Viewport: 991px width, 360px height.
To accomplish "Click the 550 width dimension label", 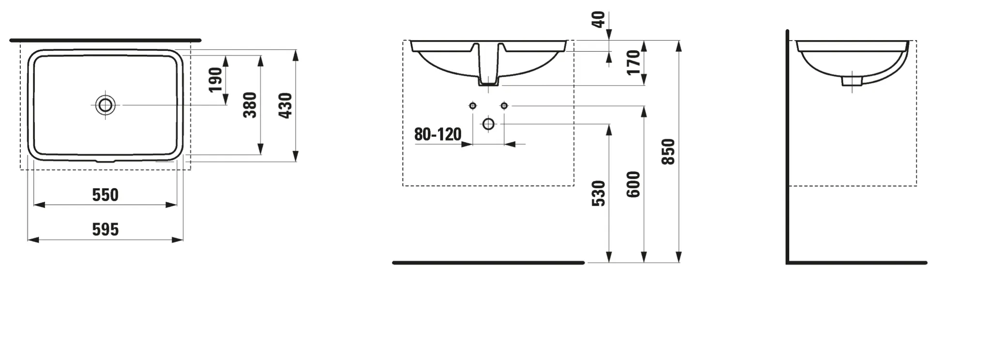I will click(x=105, y=195).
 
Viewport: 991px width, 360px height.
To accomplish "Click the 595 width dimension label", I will click(x=105, y=230).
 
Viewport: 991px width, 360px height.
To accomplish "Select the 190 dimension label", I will click(x=216, y=80).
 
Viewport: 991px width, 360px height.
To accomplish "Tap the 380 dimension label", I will click(x=250, y=105).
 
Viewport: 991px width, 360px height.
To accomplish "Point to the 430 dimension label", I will click(x=285, y=105).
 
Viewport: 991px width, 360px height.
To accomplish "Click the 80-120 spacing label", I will click(x=437, y=135).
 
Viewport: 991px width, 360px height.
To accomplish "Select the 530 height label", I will click(x=599, y=194).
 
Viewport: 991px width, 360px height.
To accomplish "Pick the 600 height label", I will click(x=633, y=184).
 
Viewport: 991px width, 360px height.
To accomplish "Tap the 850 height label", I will click(x=668, y=151).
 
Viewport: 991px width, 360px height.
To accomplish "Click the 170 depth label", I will click(x=633, y=62).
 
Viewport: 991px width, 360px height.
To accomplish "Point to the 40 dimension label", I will click(x=599, y=19).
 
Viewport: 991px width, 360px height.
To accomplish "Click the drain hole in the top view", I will click(x=105, y=105).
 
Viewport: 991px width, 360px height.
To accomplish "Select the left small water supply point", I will click(x=473, y=105).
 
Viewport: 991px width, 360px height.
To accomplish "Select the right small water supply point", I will click(x=504, y=105).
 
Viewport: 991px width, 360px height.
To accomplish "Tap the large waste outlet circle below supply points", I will click(x=488, y=124).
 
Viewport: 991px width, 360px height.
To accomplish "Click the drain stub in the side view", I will click(x=852, y=81).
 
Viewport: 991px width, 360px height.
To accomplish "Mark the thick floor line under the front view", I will click(x=488, y=263).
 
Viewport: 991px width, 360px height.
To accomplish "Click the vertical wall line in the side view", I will click(x=788, y=145).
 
